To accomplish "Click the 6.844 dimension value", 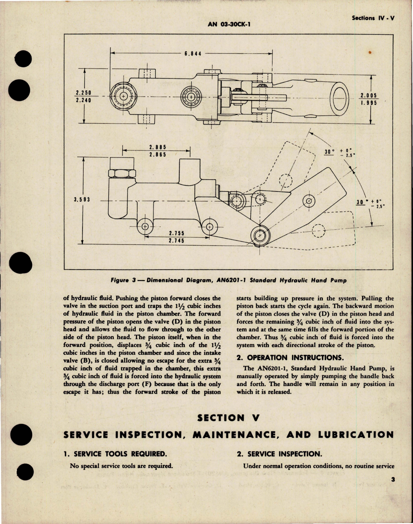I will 193,53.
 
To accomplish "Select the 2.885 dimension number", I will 158,148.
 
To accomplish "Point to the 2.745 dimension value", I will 177,241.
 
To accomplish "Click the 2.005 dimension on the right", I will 369,95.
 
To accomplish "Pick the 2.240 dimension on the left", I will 83,100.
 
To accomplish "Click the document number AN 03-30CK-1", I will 229,24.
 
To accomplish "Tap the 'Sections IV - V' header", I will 373,18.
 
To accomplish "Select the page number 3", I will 393,480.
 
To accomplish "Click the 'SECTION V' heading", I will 228,418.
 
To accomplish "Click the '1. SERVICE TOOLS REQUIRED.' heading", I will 115,454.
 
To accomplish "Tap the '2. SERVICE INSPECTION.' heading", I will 280,454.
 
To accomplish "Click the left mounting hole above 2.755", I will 145,227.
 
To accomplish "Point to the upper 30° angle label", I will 329,151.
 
